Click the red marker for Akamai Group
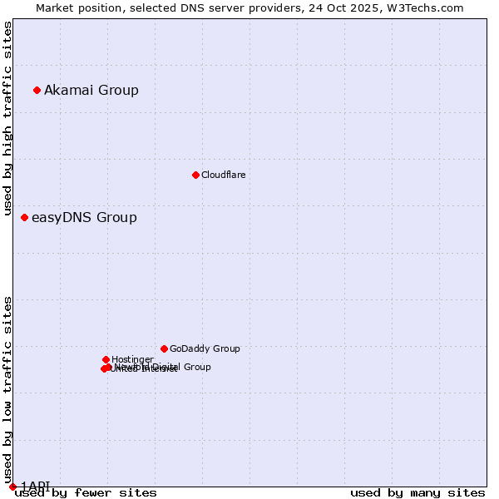click(x=37, y=90)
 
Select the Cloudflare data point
click(x=195, y=175)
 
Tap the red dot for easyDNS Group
click(x=24, y=217)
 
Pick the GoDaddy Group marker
click(x=164, y=348)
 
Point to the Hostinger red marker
click(x=106, y=359)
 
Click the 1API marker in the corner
click(x=12, y=487)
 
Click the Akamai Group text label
click(x=91, y=90)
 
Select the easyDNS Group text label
click(x=84, y=217)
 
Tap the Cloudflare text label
click(x=223, y=175)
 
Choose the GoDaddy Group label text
click(x=205, y=348)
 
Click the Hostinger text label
click(x=132, y=359)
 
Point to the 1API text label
click(x=35, y=486)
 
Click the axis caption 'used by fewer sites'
click(x=86, y=493)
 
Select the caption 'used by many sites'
click(x=417, y=493)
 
